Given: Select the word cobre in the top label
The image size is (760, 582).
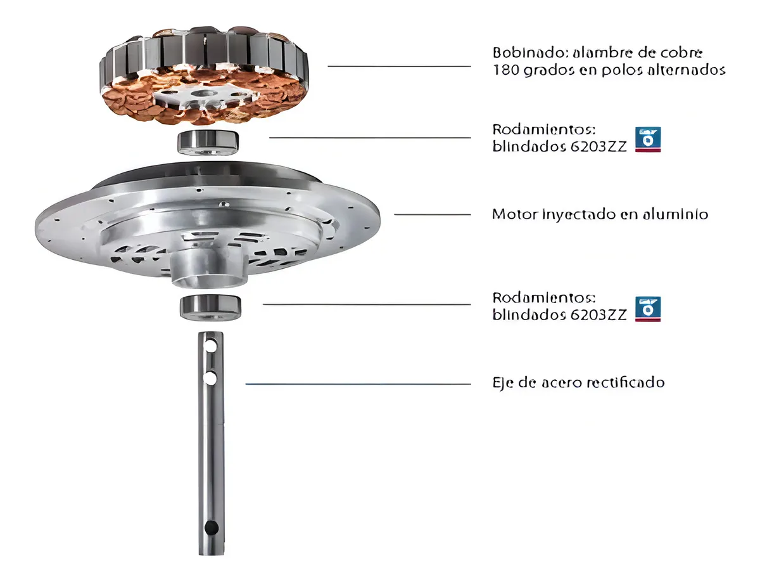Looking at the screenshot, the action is coord(683,53).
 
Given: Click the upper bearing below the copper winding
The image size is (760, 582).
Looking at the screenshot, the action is coord(208,142).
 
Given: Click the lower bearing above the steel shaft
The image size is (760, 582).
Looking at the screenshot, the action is coord(210,307).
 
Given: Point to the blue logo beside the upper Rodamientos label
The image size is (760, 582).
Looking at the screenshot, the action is coord(648,139).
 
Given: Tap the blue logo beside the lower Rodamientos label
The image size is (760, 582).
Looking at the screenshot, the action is coord(648,309).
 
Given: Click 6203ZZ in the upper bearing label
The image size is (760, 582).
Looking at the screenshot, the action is coord(598,147).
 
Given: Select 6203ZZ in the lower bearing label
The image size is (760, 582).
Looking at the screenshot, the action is coord(598,315).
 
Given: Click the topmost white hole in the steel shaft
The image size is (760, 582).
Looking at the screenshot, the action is coord(211,346).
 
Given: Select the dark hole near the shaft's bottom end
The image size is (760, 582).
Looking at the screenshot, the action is coord(211,527).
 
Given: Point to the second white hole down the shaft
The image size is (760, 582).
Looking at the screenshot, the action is coord(210,378).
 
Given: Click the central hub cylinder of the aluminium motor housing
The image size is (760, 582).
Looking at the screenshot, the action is coord(209,269).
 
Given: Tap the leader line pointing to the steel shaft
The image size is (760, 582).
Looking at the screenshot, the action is coord(358,384).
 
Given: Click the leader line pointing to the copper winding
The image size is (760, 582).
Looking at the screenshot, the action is coord(399,66).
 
